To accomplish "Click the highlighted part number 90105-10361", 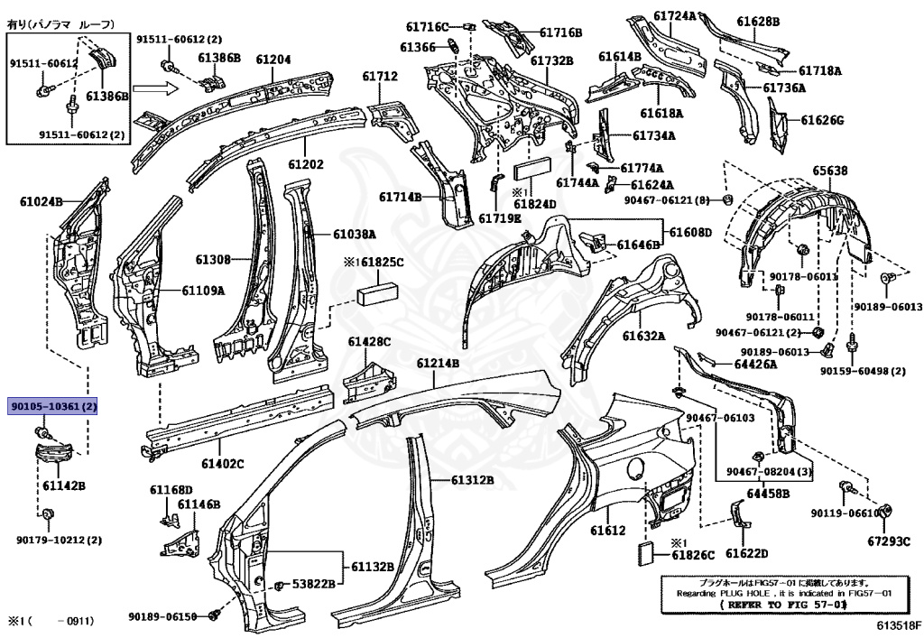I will (53, 407).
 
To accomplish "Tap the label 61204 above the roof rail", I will (273, 59).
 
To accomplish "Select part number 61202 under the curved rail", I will (306, 165).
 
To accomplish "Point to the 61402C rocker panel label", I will (222, 464).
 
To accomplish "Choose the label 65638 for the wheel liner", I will (829, 171).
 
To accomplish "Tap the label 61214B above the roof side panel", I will (438, 363).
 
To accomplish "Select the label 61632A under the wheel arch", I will (642, 337).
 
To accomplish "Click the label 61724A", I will (675, 15).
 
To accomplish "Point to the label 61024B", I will (42, 201).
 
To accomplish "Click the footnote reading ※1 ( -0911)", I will (51, 621).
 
